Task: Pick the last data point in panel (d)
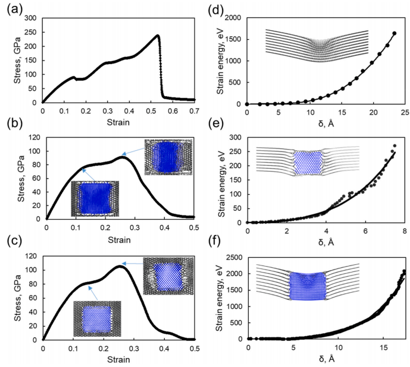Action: [394, 33]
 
